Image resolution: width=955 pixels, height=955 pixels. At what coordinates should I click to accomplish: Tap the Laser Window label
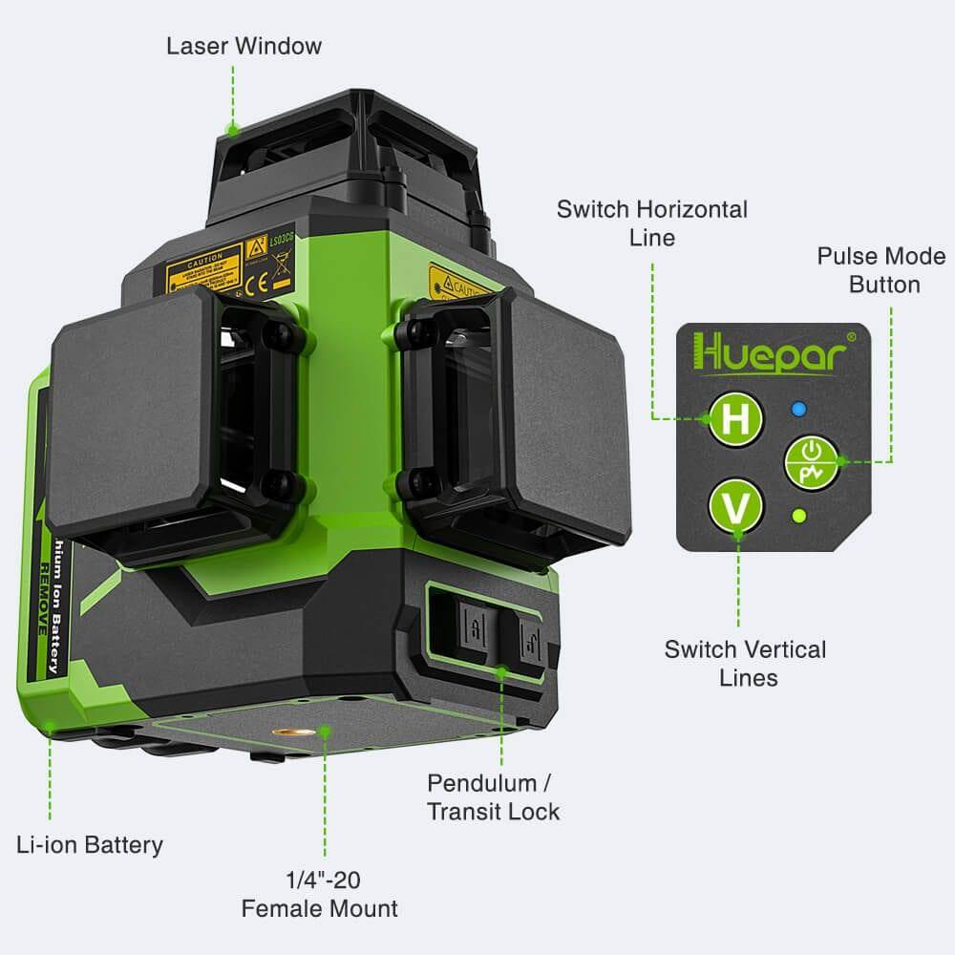pos(244,46)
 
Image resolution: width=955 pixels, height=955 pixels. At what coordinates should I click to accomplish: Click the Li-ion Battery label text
pos(90,844)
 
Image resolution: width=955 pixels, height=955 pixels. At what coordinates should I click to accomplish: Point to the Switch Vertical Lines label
pos(745,663)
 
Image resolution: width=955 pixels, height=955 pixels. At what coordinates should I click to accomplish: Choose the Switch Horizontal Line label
pos(652,223)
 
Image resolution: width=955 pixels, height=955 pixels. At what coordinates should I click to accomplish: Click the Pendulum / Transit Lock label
pos(493,796)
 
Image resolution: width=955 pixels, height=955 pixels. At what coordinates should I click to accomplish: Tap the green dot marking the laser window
pos(230,127)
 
